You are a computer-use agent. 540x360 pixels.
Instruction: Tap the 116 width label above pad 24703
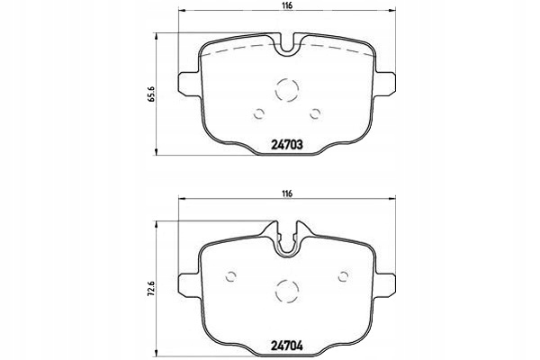point(287,7)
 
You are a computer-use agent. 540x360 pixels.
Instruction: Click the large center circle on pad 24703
point(287,89)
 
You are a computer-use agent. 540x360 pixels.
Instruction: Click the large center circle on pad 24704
point(287,290)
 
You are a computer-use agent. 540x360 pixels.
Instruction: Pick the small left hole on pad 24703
point(259,113)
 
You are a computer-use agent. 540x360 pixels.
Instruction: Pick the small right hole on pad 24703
point(315,113)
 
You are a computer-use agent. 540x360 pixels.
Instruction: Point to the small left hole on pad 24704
point(231,276)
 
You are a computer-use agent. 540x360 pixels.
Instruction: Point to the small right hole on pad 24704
point(343,276)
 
